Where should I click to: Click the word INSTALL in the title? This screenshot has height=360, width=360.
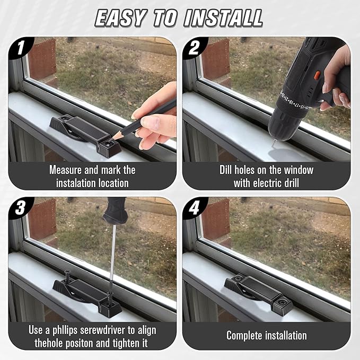pos(223,18)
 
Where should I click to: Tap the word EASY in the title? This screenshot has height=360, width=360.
pos(120,18)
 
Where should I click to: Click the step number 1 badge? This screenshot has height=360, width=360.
pos(21,48)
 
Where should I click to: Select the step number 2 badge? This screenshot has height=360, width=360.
pos(194,48)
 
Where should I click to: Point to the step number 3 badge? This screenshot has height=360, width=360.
pos(20,208)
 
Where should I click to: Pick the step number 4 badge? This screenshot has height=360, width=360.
pos(194,208)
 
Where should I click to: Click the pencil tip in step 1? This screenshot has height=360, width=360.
pos(111,140)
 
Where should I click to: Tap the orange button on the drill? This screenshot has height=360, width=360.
pos(318,75)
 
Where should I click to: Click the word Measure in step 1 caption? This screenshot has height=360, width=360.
pos(65,170)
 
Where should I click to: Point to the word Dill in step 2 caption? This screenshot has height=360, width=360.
pos(225,170)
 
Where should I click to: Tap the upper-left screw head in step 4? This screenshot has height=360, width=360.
pos(239,278)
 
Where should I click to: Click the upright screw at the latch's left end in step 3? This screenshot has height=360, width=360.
pos(67,276)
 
